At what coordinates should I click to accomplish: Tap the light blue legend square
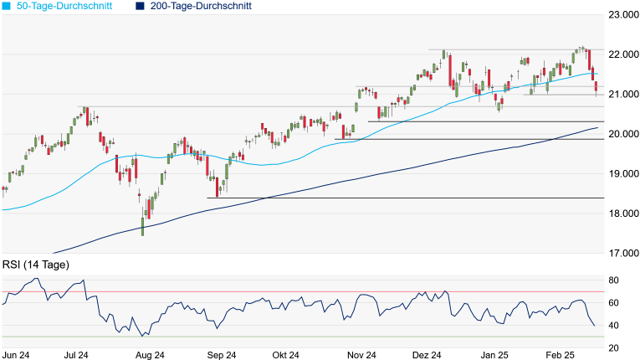coord(7,6)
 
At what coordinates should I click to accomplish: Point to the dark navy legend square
coord(139,6)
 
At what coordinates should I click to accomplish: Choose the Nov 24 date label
coord(360,355)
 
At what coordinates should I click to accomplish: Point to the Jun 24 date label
coord(18,355)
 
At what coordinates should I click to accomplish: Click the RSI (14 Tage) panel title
coord(36,265)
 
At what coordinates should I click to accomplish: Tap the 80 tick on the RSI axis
coord(614,280)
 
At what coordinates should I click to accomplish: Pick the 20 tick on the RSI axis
coord(614,348)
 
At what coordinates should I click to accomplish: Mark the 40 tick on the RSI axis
coord(614,326)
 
